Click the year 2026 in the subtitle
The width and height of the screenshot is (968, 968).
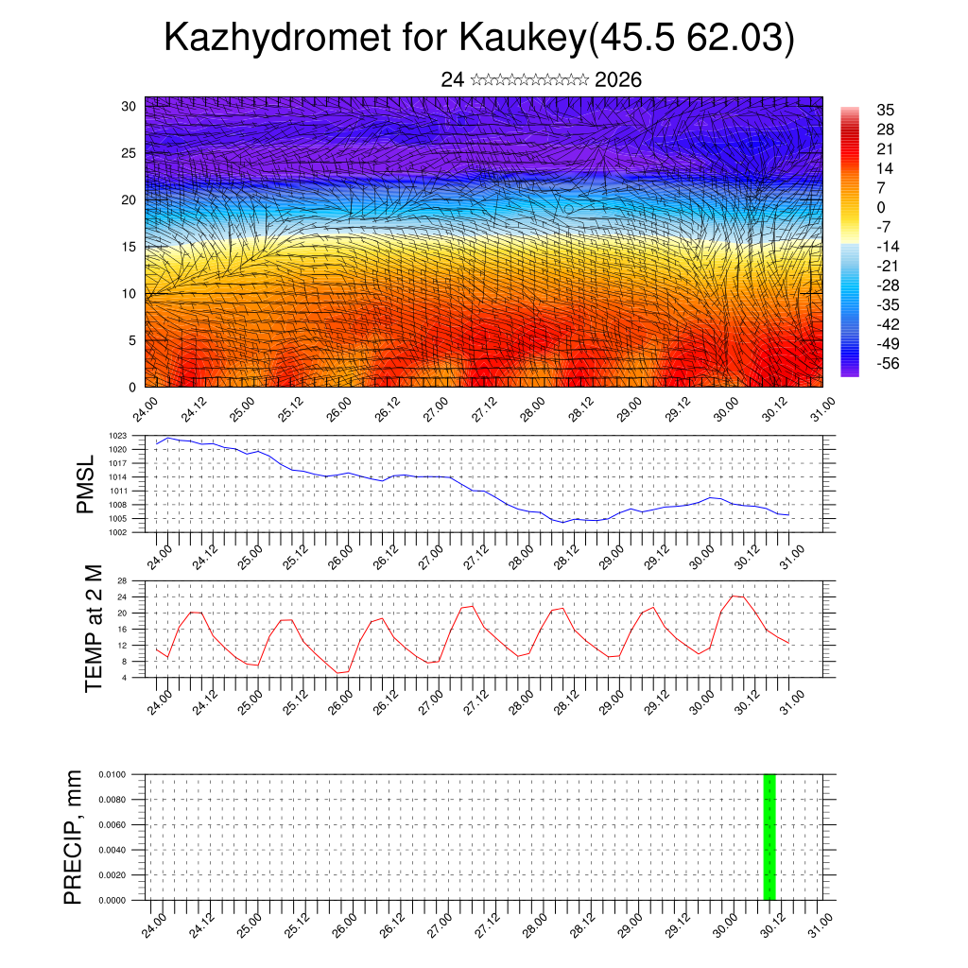618,80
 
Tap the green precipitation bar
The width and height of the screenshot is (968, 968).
769,837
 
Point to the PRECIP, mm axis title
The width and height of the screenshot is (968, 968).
74,837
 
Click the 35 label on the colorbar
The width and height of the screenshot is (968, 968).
886,110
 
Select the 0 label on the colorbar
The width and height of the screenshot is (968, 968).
881,207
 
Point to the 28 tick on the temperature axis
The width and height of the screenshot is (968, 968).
122,579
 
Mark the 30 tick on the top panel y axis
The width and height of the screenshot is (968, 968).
130,106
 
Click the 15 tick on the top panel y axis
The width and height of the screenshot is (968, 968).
130,247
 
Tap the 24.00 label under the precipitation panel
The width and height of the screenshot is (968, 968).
156,923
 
